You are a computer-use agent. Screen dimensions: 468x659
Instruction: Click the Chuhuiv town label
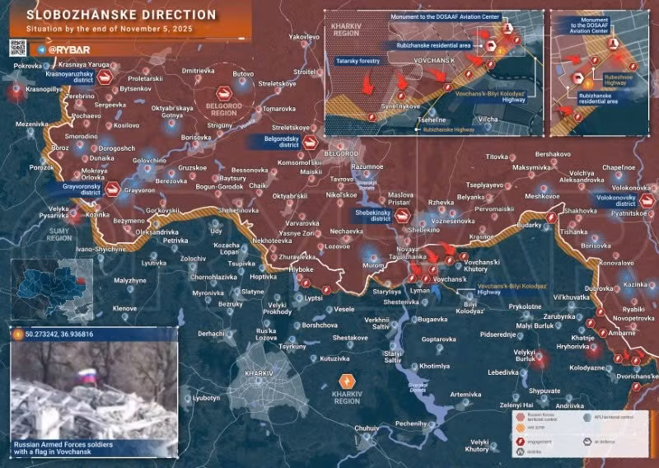[367, 428]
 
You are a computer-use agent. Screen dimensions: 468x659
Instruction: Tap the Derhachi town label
[211, 334]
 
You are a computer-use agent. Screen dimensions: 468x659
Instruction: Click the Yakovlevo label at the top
[303, 38]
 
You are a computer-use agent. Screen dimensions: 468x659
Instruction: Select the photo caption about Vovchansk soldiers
[64, 448]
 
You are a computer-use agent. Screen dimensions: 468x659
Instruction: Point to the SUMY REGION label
[58, 236]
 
